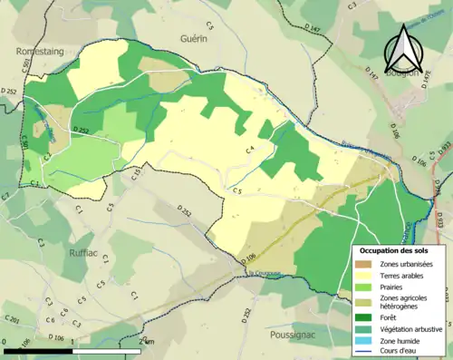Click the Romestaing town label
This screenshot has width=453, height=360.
coord(40,53)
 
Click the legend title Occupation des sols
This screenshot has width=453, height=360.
coord(395,250)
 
